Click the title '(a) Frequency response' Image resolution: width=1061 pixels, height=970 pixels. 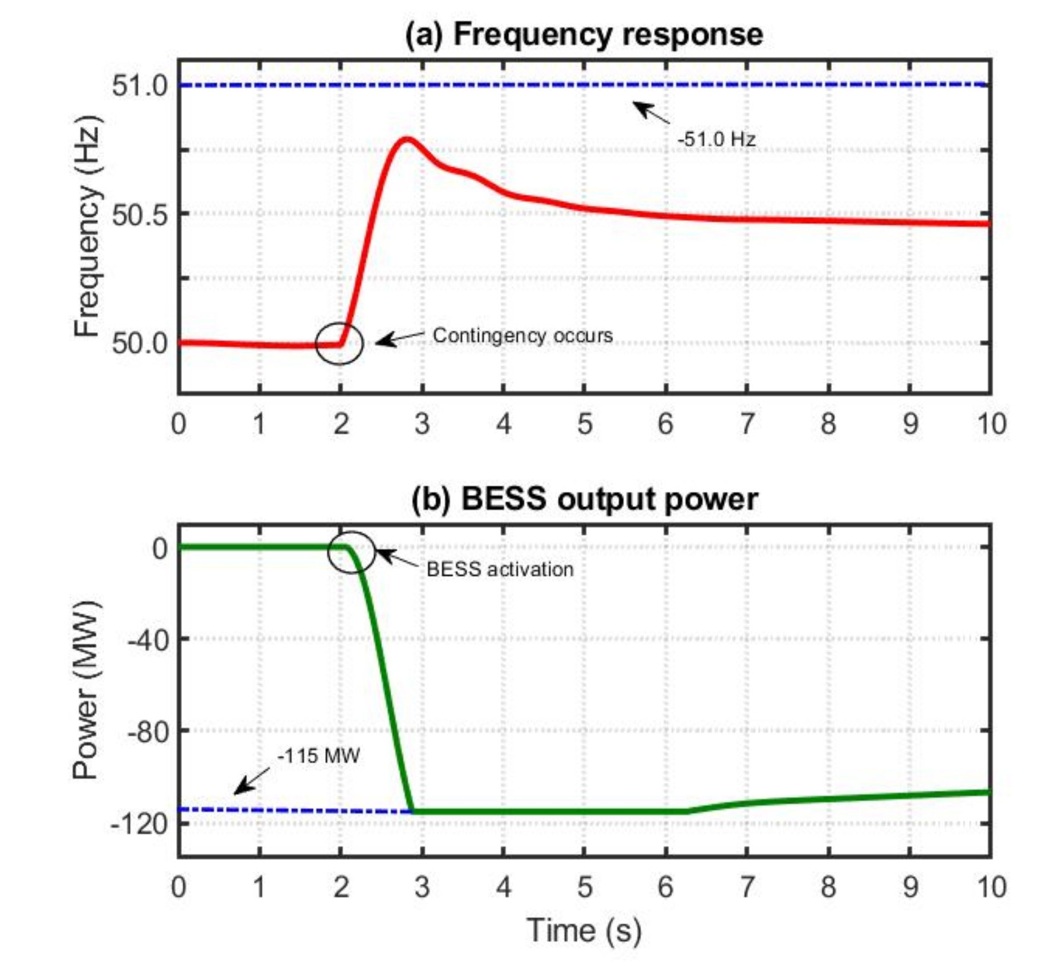584,34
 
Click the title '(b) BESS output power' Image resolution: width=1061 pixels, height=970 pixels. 584,499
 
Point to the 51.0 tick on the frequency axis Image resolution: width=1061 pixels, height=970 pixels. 139,86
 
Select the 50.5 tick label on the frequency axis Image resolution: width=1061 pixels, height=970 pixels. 139,215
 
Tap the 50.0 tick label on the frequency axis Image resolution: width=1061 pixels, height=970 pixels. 139,343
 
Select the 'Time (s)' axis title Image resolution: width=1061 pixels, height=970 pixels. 584,930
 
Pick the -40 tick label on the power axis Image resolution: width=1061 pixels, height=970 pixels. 148,640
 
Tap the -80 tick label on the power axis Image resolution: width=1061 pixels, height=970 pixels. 148,731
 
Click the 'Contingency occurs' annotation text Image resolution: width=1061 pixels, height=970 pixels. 523,336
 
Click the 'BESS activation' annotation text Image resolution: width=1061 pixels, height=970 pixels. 500,569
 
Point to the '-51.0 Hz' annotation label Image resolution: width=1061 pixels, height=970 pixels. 716,139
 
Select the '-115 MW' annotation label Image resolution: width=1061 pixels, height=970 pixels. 319,756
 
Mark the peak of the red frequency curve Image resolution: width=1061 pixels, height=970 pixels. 406,139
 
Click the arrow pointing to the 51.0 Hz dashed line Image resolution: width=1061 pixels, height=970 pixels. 651,112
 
